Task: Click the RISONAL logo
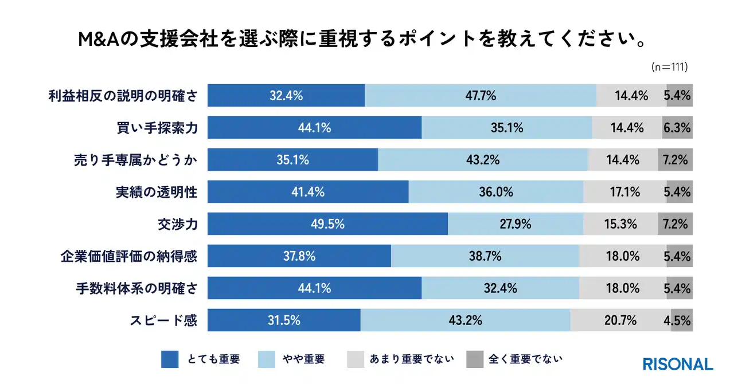click(678, 364)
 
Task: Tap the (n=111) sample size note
click(670, 67)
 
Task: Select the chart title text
click(366, 40)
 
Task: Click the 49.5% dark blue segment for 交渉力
click(327, 224)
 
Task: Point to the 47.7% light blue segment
click(481, 96)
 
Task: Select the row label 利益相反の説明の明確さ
click(123, 96)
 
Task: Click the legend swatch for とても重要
click(170, 359)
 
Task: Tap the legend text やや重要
click(303, 359)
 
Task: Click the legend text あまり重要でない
click(412, 359)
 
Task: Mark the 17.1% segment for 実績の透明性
click(624, 192)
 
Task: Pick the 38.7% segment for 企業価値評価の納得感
click(485, 256)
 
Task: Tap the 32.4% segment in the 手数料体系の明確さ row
click(500, 288)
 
